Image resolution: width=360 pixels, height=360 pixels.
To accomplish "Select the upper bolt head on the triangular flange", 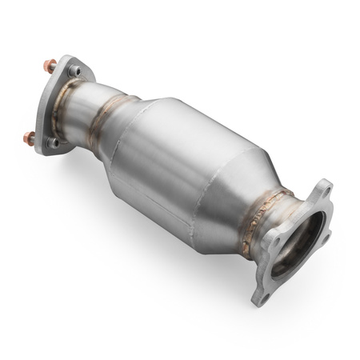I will tap(74, 71).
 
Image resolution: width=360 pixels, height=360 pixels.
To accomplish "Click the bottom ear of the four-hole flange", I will tap(261, 294).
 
